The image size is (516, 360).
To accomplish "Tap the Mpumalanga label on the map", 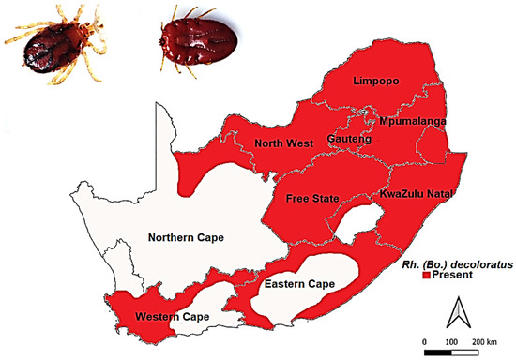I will tap(413, 123).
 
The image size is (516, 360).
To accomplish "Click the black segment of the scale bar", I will tap(438, 352).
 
